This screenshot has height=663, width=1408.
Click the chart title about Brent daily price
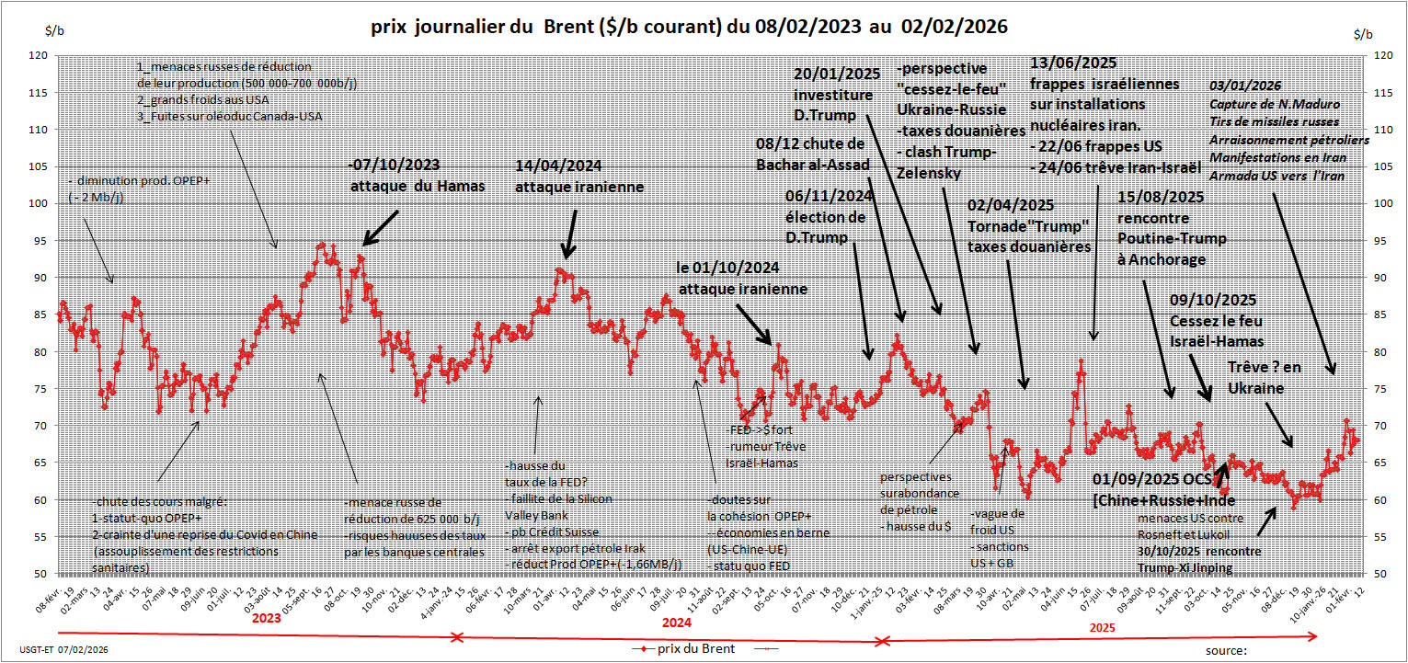(689, 28)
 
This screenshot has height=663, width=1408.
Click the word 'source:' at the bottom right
(1226, 650)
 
